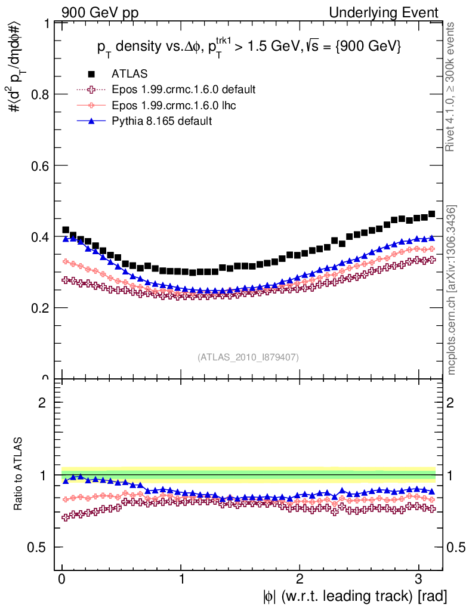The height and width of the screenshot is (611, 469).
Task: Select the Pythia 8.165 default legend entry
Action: (162, 121)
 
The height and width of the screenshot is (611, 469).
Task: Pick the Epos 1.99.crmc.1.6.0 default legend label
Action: (184, 90)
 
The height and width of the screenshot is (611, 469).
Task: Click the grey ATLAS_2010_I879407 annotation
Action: (248, 357)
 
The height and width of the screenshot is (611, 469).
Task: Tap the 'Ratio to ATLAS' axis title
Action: (18, 475)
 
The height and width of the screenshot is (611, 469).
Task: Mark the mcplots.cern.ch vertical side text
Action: (452, 290)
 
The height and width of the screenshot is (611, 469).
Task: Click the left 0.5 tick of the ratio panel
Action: (39, 547)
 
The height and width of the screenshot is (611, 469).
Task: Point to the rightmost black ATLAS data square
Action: (431, 214)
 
